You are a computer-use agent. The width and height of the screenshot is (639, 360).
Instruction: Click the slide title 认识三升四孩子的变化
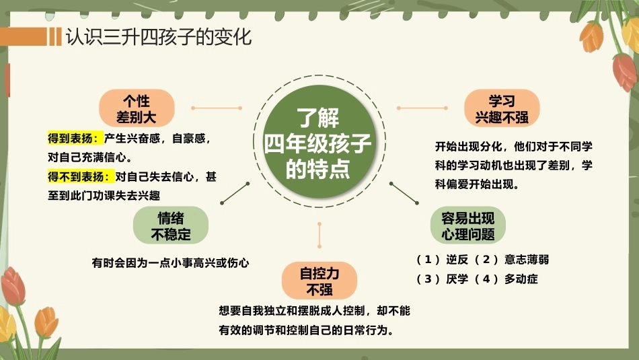point(159,37)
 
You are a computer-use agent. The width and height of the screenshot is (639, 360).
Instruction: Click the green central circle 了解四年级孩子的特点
point(319,141)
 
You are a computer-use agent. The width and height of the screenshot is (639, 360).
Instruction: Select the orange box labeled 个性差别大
point(137,108)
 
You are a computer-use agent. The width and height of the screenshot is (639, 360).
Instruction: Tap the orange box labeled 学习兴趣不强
point(502,108)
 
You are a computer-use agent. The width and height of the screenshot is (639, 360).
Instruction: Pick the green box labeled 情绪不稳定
point(171,225)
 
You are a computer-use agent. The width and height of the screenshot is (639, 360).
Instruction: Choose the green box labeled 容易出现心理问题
point(468,225)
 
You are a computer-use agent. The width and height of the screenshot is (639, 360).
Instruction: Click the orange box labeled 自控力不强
point(319,281)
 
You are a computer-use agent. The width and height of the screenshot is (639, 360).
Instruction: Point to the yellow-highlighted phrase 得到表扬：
point(75,139)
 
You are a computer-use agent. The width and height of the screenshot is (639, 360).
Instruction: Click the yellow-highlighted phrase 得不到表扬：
point(81,177)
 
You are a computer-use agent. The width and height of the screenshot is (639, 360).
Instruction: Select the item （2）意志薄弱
point(511,259)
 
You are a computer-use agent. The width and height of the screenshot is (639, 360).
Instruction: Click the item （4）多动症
point(506,279)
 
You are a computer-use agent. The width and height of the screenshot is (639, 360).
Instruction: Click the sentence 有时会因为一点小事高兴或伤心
point(170,263)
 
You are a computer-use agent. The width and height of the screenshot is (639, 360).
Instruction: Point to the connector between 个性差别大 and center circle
point(217,108)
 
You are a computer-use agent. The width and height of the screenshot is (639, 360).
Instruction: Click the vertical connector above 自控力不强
point(319,236)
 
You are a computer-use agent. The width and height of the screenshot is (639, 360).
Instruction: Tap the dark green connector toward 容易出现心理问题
point(404,193)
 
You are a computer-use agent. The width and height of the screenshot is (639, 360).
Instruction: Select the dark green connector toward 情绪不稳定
point(235,193)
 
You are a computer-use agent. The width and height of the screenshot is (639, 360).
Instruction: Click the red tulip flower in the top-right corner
point(624,72)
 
